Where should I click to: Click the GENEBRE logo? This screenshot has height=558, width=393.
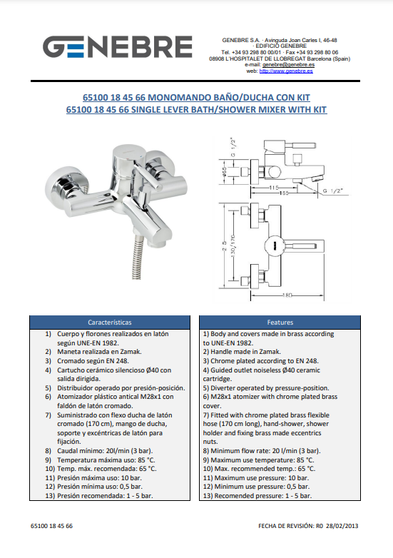point(118,46)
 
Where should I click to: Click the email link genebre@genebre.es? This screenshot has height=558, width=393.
point(288,65)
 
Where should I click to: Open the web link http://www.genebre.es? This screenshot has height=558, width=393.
point(286,71)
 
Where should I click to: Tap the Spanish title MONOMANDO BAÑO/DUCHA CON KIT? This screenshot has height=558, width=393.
point(229,97)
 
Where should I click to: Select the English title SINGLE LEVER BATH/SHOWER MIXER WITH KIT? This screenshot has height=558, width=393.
point(229,109)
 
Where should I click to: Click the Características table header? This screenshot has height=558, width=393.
point(110,323)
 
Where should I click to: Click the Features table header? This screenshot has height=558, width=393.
point(280,323)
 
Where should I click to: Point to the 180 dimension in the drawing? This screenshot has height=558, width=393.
point(287,295)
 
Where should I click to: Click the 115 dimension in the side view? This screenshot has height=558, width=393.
point(273,188)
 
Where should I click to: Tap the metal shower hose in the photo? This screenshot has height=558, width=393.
point(137,258)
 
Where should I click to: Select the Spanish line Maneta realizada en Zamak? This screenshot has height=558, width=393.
point(99,352)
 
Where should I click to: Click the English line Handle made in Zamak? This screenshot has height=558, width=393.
point(245,352)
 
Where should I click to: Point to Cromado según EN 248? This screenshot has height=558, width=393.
point(93,361)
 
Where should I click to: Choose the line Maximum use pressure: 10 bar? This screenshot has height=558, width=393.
point(262,478)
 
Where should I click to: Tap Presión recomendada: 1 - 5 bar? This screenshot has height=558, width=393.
point(105,496)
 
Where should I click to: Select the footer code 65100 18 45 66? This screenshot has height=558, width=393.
point(51,526)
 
